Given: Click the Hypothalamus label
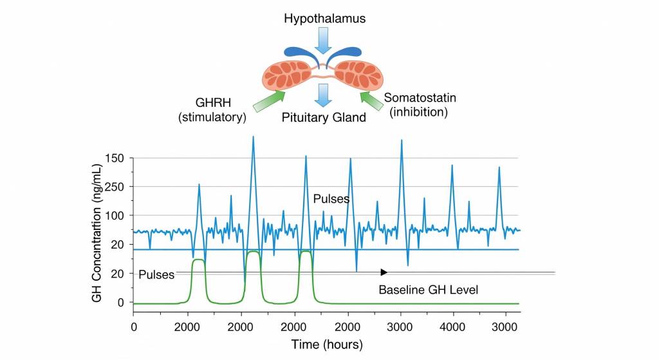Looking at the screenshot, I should pyautogui.click(x=325, y=19).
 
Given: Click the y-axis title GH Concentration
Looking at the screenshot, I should pyautogui.click(x=97, y=232).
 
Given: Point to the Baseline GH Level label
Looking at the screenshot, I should pyautogui.click(x=428, y=290).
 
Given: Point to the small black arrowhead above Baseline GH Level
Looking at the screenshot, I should pyautogui.click(x=384, y=272).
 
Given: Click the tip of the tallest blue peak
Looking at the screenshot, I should pyautogui.click(x=253, y=137).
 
